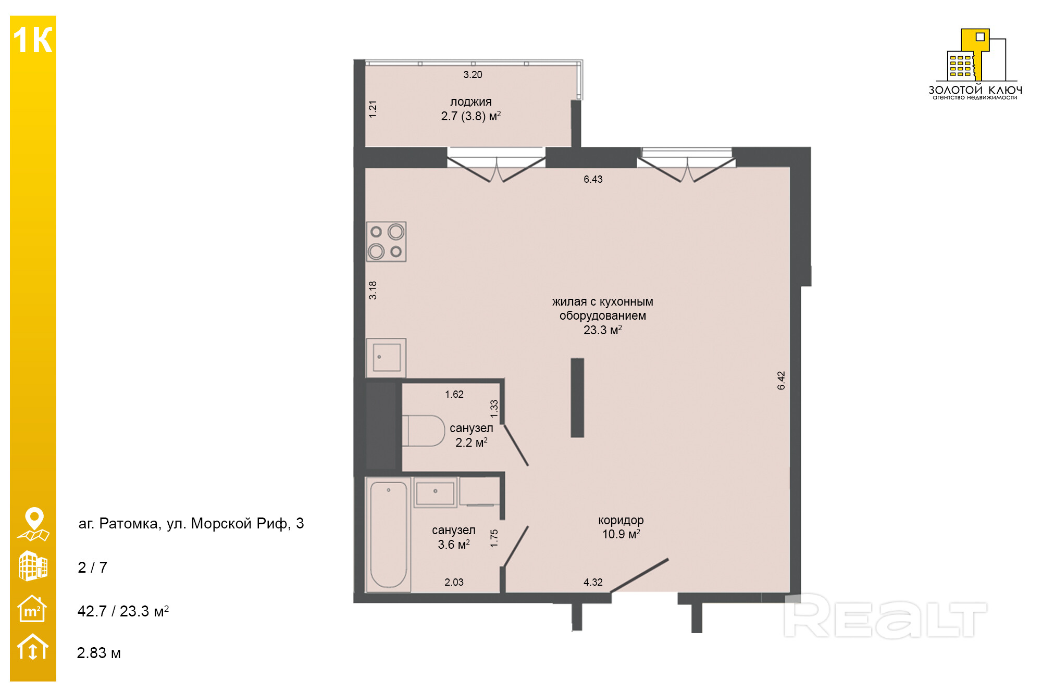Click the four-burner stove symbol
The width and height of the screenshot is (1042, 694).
pos(386,242)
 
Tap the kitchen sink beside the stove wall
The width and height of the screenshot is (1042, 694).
pos(386,358)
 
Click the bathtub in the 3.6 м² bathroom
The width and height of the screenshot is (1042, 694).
pos(389,534)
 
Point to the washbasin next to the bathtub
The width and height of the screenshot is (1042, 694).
pos(436,492)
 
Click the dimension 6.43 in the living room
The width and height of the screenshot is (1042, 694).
pos(593,179)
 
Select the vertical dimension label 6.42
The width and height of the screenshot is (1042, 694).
pos(781,380)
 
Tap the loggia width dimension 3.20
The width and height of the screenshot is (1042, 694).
pos(473,74)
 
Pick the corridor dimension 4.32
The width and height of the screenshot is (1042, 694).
pos(593,582)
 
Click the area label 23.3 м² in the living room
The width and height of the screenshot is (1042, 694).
pos(602,330)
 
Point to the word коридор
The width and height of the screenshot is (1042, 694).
pos(621,520)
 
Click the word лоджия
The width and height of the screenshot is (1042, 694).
pos(471,102)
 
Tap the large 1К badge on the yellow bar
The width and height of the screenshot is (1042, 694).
pos(33,40)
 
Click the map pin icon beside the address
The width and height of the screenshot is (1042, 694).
pos(33,524)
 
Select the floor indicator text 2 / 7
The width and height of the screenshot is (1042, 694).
pos(92,567)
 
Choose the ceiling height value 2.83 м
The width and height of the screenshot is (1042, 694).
pos(98,653)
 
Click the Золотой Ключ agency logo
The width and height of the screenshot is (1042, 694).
pos(975,64)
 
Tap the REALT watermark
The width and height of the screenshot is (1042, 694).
pos(885,616)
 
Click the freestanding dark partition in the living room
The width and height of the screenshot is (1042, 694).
pos(577,398)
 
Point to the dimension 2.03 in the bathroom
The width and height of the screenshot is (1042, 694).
pos(454,582)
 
